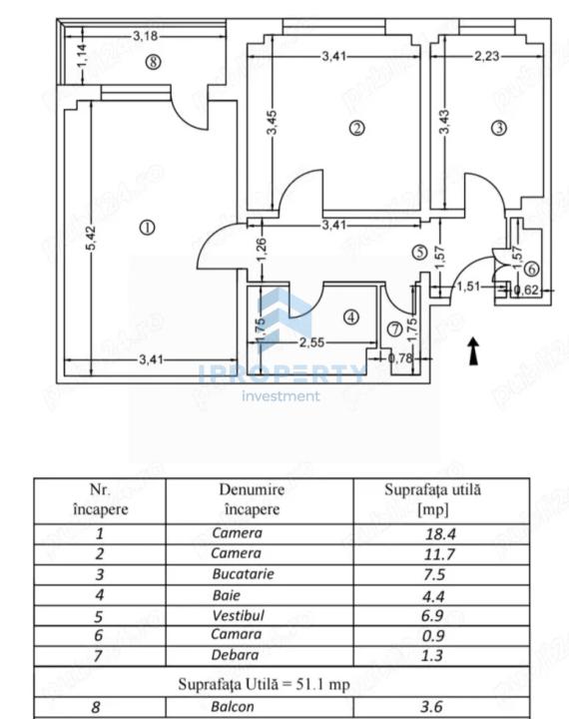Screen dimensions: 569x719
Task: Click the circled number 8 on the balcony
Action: pyautogui.click(x=153, y=62)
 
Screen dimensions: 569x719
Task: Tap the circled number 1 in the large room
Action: pyautogui.click(x=147, y=228)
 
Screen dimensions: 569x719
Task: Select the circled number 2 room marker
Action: pyautogui.click(x=357, y=128)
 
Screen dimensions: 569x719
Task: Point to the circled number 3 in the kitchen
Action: pyautogui.click(x=499, y=128)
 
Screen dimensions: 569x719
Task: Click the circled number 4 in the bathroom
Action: pyautogui.click(x=351, y=317)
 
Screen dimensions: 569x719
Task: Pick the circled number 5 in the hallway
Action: pyautogui.click(x=419, y=252)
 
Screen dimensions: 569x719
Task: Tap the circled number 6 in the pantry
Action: pyautogui.click(x=531, y=269)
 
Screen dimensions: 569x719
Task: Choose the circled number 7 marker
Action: pyautogui.click(x=394, y=329)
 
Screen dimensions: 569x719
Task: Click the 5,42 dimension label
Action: pyautogui.click(x=91, y=238)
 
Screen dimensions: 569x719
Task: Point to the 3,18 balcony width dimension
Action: pyautogui.click(x=146, y=36)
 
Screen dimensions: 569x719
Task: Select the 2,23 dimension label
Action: pyautogui.click(x=486, y=56)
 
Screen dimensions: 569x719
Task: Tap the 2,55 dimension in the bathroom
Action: pyautogui.click(x=311, y=343)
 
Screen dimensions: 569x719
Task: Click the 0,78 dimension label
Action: pyautogui.click(x=400, y=359)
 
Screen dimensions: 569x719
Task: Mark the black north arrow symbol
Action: pyautogui.click(x=473, y=352)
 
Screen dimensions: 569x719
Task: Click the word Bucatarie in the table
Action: pyautogui.click(x=243, y=574)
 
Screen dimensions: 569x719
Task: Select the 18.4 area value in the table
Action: pyautogui.click(x=440, y=533)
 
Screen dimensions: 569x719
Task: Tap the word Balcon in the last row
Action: pyautogui.click(x=233, y=707)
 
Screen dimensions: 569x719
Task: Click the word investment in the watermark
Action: pyautogui.click(x=281, y=395)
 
